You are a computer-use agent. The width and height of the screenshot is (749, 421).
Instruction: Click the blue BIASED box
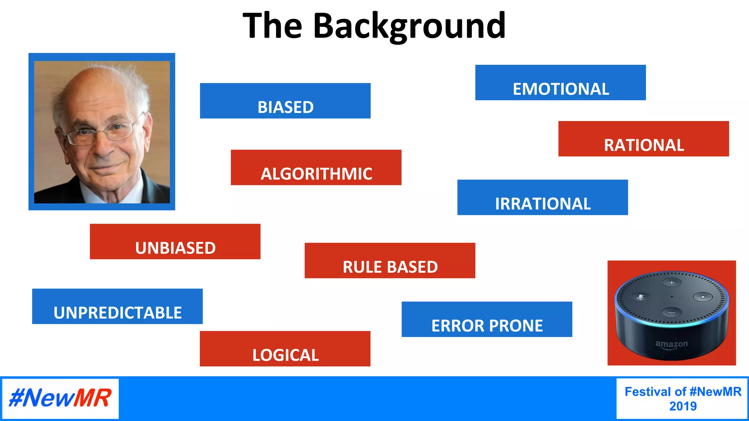coord(285,101)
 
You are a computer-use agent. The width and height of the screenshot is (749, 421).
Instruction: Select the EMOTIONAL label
coord(560,83)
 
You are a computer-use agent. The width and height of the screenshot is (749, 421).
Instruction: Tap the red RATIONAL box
coord(643,139)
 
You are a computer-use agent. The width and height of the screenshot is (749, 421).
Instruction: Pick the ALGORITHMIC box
coord(316,167)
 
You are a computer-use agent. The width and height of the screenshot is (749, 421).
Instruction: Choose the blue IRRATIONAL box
coord(542,197)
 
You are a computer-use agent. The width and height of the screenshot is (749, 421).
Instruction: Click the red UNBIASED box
coord(175,242)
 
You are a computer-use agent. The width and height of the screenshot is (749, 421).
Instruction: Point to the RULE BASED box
coord(390,261)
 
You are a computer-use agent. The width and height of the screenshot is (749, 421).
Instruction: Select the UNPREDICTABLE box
coord(117,306)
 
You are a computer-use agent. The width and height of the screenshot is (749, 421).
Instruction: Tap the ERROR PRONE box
coord(487,319)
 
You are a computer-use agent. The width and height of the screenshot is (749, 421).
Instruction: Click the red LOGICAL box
coord(285,349)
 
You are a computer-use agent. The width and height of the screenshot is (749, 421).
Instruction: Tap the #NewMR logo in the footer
coord(60,398)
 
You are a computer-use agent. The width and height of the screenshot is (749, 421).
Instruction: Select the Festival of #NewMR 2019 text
coord(682,399)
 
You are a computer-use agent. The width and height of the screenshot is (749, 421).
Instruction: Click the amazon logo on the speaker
coord(671,344)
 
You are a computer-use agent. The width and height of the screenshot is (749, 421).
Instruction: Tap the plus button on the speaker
coord(672,282)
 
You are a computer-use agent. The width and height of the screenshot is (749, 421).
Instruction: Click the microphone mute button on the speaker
coord(640,297)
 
